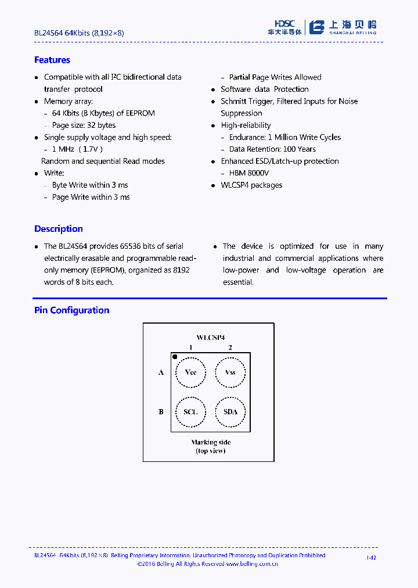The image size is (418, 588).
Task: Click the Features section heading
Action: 52,60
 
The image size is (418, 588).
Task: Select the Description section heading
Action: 58,229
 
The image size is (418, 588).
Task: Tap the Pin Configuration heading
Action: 71,310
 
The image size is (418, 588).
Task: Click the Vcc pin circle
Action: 190,372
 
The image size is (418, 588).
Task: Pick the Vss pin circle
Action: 230,372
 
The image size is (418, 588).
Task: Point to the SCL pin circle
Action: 190,412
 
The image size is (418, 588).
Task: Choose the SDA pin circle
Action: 230,412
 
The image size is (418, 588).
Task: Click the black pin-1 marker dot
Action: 175,357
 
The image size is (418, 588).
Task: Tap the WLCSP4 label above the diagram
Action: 211,338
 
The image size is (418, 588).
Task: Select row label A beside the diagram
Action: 161,372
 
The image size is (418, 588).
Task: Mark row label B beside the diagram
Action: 161,412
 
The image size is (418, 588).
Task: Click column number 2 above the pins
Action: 230,347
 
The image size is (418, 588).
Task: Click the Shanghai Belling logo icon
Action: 316,27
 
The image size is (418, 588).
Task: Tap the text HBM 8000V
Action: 249,173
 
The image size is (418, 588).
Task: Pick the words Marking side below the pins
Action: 211,443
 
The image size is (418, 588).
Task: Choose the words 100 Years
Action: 299,149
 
